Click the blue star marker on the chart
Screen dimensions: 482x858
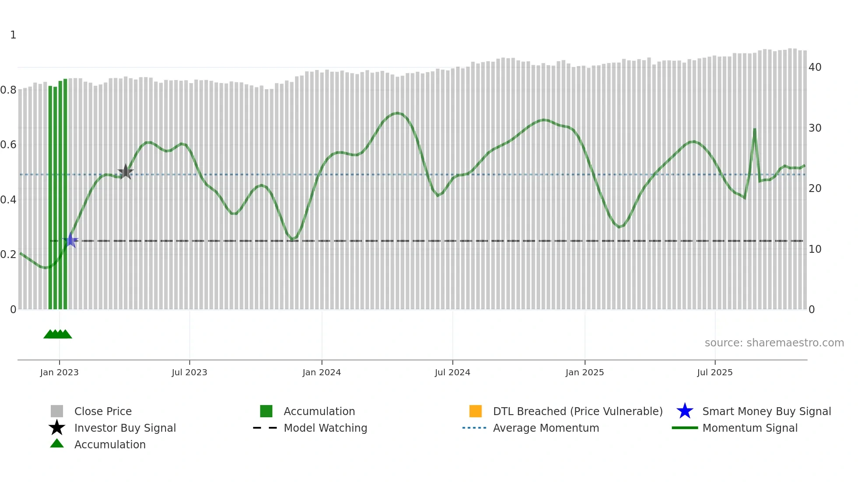point(70,240)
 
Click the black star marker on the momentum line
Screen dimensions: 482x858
point(126,172)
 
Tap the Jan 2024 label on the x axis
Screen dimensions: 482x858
point(321,372)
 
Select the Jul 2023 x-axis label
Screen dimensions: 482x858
point(189,372)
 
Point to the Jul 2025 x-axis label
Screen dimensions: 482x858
point(714,372)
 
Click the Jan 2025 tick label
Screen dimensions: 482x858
point(584,372)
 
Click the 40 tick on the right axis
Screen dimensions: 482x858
point(815,67)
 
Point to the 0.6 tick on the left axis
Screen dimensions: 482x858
point(9,145)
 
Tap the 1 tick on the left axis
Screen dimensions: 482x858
point(13,35)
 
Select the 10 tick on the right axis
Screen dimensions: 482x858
point(815,249)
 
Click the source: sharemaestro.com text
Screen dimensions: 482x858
point(774,343)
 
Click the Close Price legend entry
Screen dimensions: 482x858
point(103,411)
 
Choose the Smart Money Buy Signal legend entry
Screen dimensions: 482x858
point(766,411)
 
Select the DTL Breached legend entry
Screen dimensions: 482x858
point(577,411)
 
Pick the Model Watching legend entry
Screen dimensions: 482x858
point(325,428)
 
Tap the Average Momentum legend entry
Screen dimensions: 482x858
point(546,428)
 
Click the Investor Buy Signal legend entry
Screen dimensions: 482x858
point(125,428)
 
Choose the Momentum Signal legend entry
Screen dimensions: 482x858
point(750,428)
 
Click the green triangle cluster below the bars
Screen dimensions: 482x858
point(58,334)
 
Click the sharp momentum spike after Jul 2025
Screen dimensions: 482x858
point(754,130)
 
